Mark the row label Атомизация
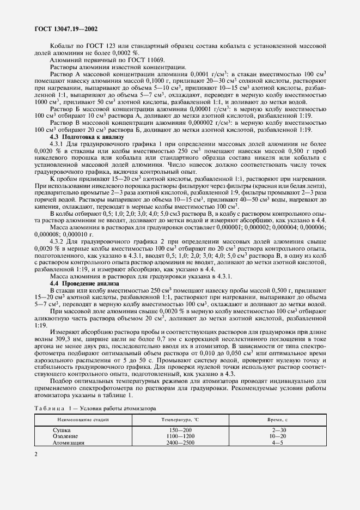tap(69, 443)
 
